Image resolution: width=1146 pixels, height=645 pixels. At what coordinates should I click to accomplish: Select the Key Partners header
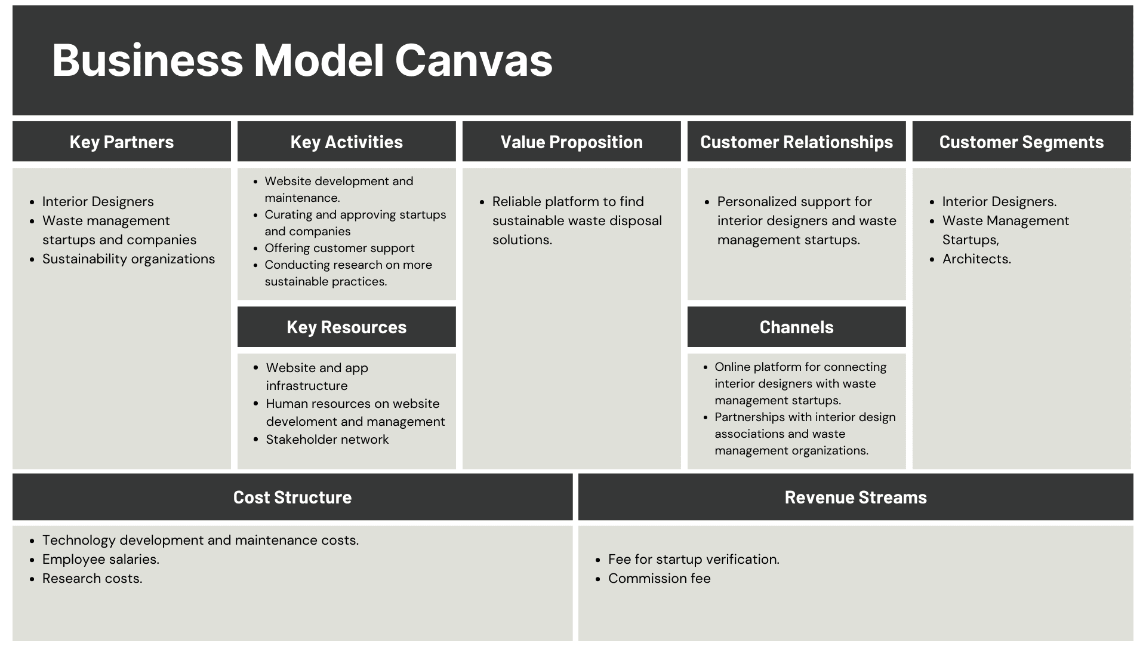click(122, 142)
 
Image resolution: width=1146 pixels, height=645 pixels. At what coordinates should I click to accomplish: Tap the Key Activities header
click(347, 142)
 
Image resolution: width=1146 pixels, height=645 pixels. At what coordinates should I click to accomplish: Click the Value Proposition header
click(572, 142)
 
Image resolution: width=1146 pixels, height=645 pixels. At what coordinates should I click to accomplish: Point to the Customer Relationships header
click(797, 142)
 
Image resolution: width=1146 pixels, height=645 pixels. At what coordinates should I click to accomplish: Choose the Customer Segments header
click(1022, 142)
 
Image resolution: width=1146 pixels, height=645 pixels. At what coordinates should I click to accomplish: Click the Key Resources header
click(347, 327)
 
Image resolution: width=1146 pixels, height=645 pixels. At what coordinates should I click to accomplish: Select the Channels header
click(797, 327)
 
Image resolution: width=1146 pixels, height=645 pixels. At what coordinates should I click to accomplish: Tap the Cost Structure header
click(292, 497)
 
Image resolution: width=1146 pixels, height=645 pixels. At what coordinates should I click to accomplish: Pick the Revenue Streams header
click(856, 497)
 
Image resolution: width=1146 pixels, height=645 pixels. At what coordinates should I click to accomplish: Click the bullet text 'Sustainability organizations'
click(128, 259)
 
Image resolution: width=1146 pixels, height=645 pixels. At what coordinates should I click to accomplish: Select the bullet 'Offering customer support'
click(340, 248)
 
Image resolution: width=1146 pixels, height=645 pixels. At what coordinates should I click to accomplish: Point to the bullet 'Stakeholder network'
click(327, 440)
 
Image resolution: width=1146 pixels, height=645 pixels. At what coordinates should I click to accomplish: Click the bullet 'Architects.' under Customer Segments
click(976, 259)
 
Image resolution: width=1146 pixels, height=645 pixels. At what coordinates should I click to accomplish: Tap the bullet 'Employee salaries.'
click(100, 560)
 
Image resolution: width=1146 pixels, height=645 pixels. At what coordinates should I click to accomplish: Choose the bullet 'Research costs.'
click(92, 579)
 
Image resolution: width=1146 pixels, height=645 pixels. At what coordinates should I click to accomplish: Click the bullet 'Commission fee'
click(660, 579)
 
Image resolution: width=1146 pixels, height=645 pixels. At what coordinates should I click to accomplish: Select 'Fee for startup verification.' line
click(694, 560)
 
